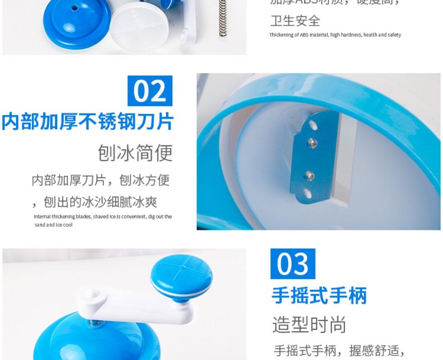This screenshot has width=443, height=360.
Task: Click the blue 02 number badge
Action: click(x=150, y=91)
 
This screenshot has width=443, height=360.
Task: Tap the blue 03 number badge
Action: click(x=293, y=264)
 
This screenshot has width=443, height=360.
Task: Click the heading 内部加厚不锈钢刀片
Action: click(x=87, y=122)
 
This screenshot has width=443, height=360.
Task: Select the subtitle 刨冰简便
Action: click(x=135, y=153)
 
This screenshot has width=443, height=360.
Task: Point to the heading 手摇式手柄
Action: click(x=319, y=296)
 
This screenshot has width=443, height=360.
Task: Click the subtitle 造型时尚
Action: click(x=309, y=324)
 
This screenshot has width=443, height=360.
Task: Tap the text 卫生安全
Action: click(x=295, y=21)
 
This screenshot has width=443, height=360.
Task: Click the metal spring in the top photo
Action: click(x=222, y=18)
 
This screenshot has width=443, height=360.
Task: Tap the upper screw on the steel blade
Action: click(x=310, y=143)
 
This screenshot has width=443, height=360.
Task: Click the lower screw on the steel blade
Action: click(x=308, y=175)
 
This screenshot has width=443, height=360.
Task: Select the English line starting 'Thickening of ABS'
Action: click(x=335, y=35)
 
